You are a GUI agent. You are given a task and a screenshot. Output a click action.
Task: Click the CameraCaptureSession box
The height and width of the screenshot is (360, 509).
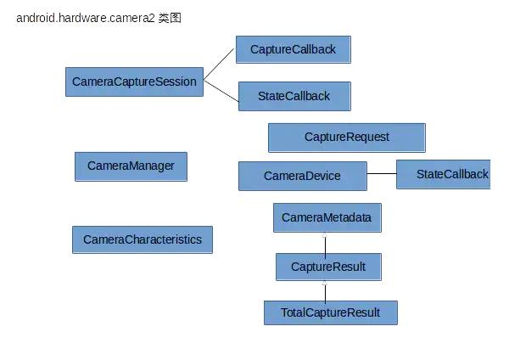pyautogui.click(x=134, y=82)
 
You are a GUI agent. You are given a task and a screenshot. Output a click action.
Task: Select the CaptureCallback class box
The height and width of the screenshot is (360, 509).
pyautogui.click(x=293, y=49)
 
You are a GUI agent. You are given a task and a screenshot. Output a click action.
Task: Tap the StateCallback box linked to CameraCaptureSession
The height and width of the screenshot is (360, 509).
pyautogui.click(x=294, y=96)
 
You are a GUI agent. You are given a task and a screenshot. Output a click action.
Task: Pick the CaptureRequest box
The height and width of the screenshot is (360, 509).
pyautogui.click(x=346, y=137)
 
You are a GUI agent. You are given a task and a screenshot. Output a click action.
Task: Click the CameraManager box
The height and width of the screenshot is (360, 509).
pyautogui.click(x=131, y=166)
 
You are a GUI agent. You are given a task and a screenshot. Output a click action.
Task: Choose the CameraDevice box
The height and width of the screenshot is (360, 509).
pyautogui.click(x=302, y=176)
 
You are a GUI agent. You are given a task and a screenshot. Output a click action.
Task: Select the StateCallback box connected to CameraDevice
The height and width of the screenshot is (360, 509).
pyautogui.click(x=443, y=174)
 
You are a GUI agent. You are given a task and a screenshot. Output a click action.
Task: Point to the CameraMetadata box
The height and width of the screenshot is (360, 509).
pyautogui.click(x=327, y=217)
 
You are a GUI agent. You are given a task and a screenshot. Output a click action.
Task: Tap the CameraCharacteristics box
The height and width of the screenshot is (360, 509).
pyautogui.click(x=142, y=239)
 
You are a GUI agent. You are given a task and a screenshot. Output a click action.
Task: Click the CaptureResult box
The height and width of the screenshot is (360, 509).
pyautogui.click(x=327, y=267)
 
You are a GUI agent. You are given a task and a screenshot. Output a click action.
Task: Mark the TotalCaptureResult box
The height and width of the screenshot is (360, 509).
pyautogui.click(x=330, y=312)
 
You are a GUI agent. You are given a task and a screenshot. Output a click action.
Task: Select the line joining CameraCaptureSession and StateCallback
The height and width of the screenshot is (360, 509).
pyautogui.click(x=221, y=89)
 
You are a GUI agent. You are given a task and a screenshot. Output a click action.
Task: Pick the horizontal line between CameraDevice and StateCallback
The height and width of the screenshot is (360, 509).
pyautogui.click(x=381, y=174)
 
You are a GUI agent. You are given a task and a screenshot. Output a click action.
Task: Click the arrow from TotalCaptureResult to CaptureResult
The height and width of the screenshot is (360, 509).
pyautogui.click(x=325, y=291)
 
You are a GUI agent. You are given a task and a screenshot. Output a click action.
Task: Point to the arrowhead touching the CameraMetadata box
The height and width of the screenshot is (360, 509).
pyautogui.click(x=325, y=236)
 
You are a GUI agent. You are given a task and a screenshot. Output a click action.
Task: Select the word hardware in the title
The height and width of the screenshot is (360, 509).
pyautogui.click(x=84, y=17)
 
